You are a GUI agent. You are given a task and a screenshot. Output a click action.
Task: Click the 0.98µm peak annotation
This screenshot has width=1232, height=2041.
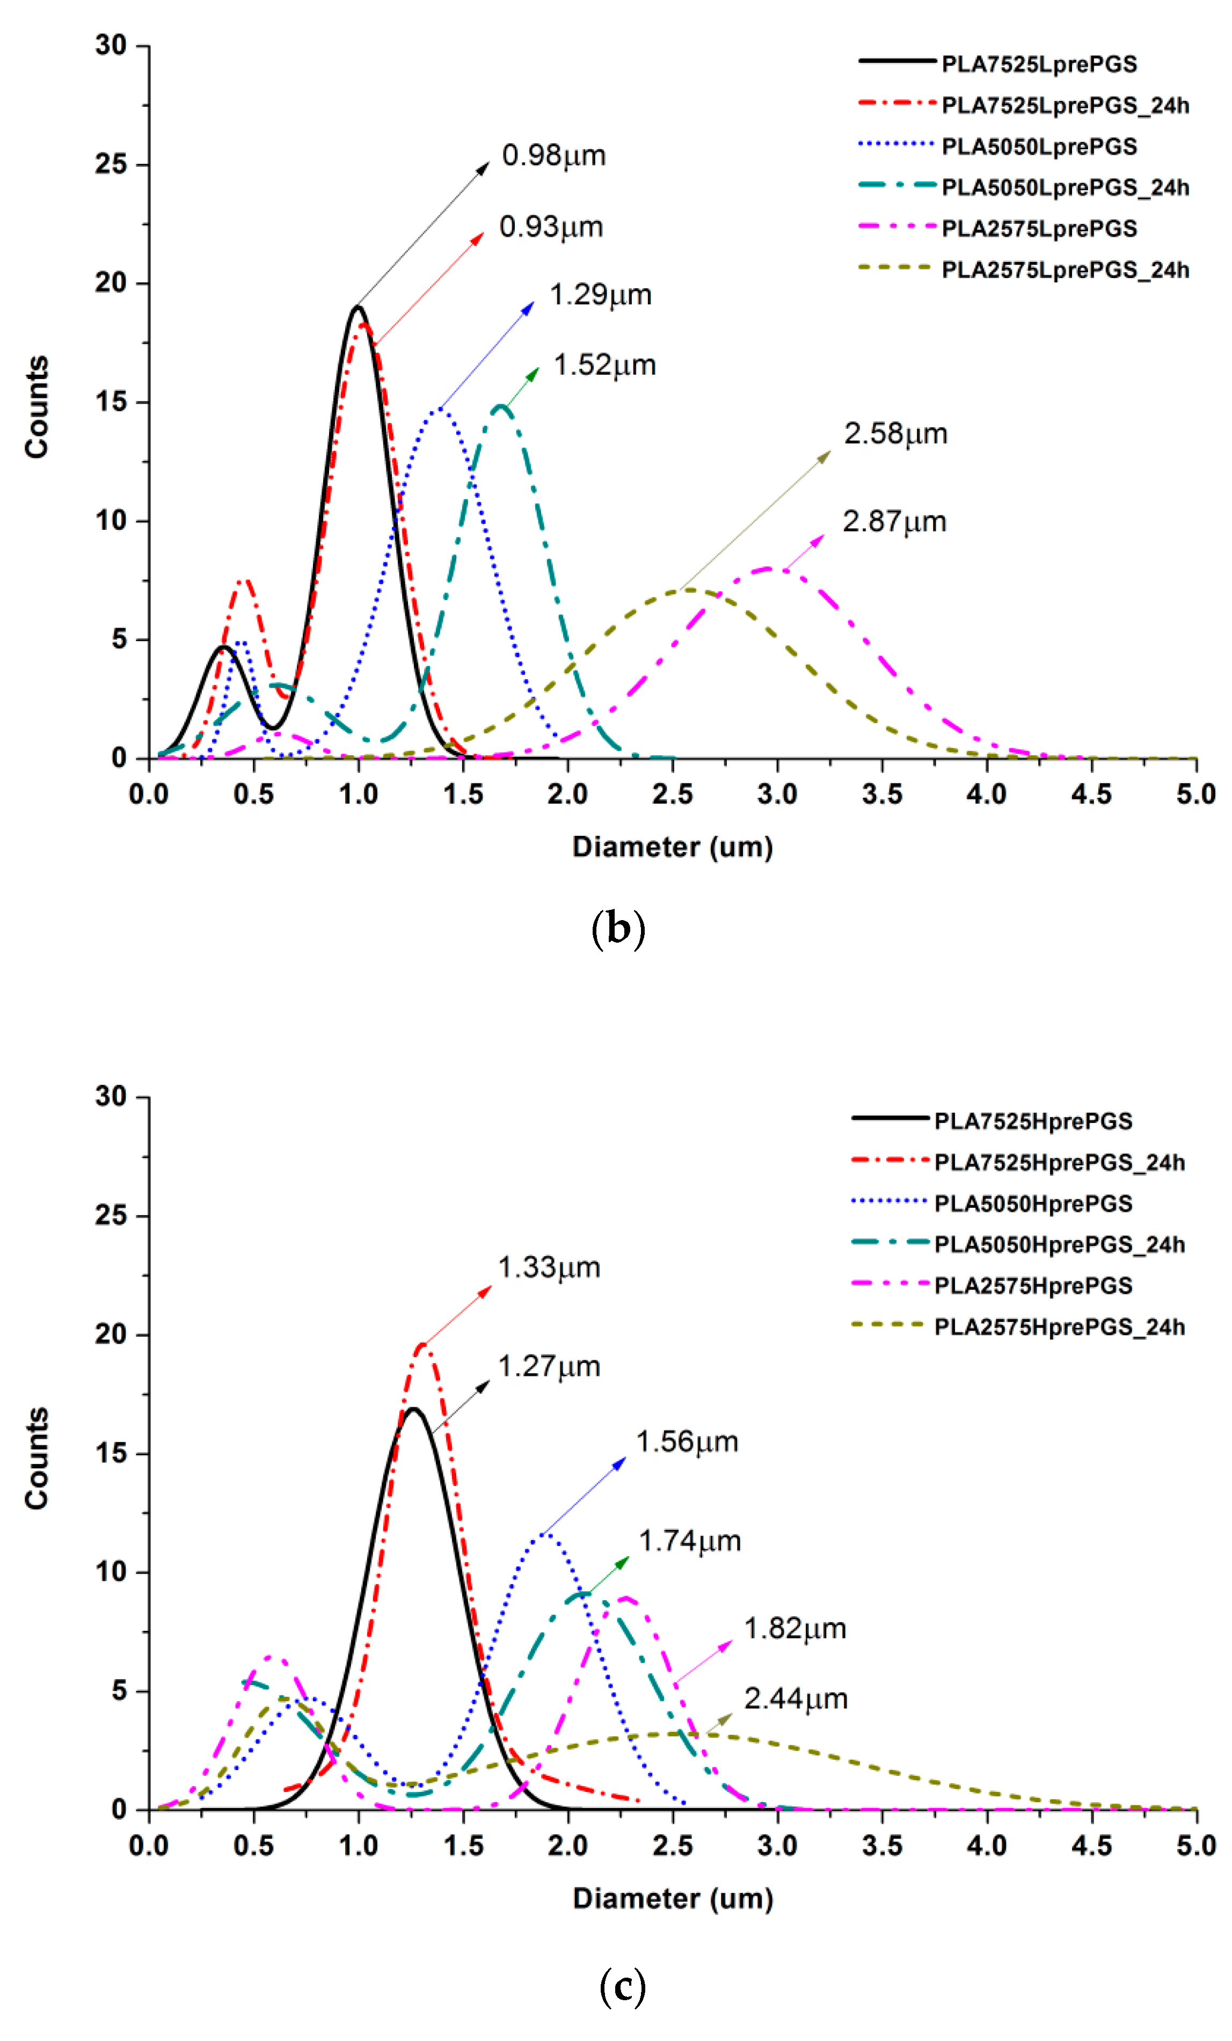click(x=553, y=156)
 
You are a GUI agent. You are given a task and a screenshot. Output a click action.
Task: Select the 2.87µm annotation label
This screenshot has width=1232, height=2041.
click(x=894, y=522)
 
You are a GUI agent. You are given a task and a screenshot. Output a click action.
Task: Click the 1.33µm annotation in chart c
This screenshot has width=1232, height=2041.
click(x=549, y=1267)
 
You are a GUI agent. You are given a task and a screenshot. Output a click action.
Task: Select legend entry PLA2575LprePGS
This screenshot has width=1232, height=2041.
click(x=1039, y=229)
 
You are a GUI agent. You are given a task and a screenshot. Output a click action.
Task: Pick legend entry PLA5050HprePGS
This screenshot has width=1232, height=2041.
click(x=1032, y=1204)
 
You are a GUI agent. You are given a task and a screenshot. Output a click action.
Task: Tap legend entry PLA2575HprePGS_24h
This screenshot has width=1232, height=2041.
click(x=1059, y=1327)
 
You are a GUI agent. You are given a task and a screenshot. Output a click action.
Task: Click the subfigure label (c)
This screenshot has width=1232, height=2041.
click(x=622, y=1986)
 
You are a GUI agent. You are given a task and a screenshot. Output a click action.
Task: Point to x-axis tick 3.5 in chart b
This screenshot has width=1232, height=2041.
click(x=881, y=795)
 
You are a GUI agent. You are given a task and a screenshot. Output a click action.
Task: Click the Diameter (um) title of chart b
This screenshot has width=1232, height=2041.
click(x=672, y=848)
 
